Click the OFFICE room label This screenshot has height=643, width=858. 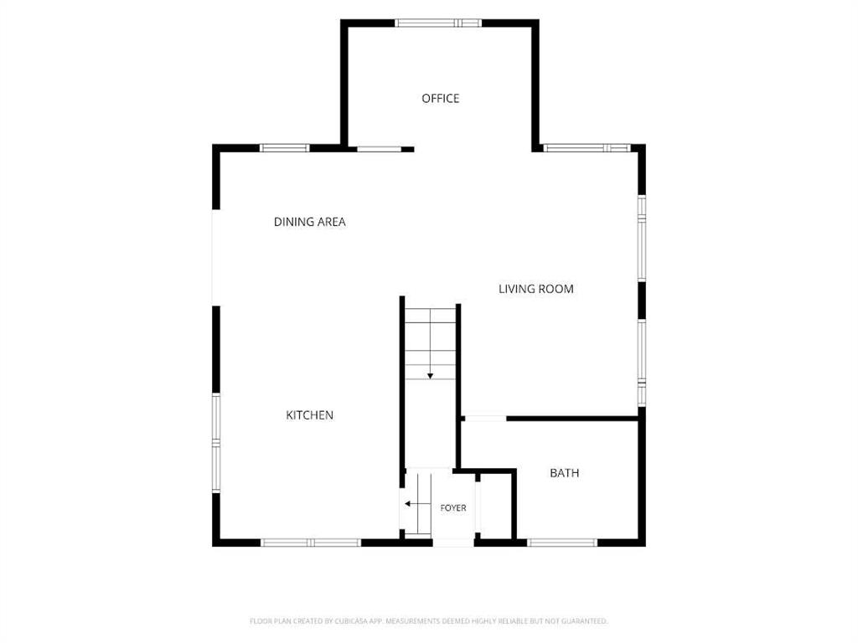coord(440,99)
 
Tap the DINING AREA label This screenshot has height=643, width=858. coord(310,222)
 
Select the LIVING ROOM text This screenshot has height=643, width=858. coord(535,289)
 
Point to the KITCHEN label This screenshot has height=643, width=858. coord(310,415)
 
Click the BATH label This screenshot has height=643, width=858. coord(564,474)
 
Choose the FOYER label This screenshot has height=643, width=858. coord(453,508)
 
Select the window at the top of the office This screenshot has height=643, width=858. coord(438,23)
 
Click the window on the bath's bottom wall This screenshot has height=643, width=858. coord(562,543)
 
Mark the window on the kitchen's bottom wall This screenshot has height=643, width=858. coord(311,543)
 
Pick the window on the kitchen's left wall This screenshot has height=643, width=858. coord(216,443)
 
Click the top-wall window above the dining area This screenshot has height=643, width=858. coord(285,147)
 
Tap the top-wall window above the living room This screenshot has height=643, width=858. coord(587,147)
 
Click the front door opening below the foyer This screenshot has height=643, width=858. coord(453,543)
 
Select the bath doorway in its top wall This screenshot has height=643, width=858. coord(485,419)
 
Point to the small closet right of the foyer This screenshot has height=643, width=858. coord(495,507)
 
